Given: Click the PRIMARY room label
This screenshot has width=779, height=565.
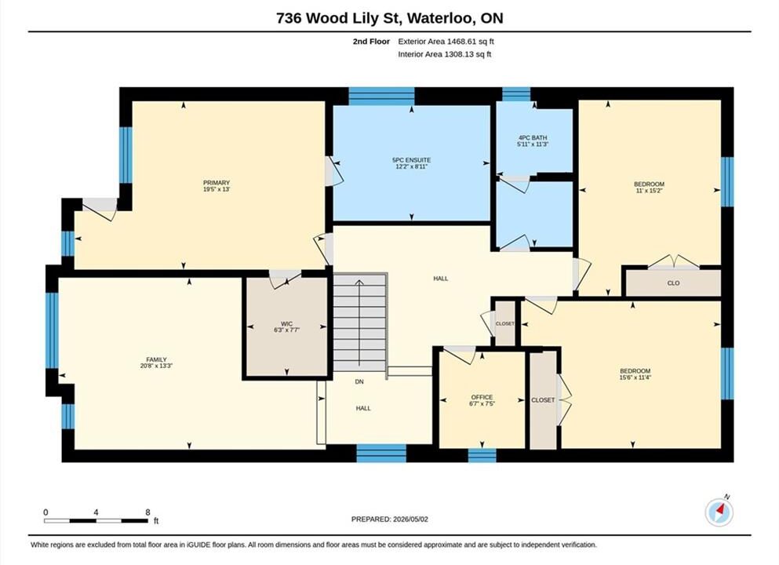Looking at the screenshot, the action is click(x=216, y=183).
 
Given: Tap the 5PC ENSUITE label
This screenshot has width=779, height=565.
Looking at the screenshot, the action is click(x=411, y=160).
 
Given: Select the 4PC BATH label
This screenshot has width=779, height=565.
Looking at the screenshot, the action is click(x=533, y=137).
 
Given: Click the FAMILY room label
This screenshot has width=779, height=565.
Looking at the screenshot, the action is click(x=156, y=359).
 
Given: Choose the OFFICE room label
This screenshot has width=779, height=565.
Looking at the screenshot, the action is click(x=482, y=397).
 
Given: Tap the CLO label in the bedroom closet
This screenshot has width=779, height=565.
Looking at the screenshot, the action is click(x=673, y=282).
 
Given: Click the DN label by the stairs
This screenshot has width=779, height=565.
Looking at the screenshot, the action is click(x=359, y=381).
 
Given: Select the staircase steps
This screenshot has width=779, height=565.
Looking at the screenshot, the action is click(x=360, y=322).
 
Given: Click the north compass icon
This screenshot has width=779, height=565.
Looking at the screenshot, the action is click(x=719, y=512).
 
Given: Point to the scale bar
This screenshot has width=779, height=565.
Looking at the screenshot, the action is click(x=96, y=521).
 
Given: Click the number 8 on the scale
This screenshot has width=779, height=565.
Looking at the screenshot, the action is click(x=147, y=512).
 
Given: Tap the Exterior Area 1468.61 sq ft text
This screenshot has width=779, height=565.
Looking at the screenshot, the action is click(x=446, y=42).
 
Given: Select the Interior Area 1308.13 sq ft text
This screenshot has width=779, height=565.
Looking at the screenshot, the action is click(x=445, y=55).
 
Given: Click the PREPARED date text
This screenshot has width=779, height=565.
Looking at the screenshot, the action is click(x=389, y=519).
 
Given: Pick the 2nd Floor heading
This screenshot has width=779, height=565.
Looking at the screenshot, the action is click(x=371, y=42).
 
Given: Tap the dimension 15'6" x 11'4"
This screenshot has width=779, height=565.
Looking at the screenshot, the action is click(x=635, y=377).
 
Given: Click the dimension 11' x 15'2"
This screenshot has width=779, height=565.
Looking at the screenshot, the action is click(x=649, y=191).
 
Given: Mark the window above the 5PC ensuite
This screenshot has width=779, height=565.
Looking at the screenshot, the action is click(x=381, y=96).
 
